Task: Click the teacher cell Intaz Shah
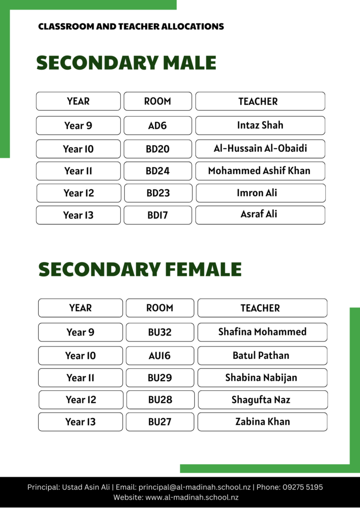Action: click(x=260, y=125)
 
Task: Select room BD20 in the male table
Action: click(x=158, y=149)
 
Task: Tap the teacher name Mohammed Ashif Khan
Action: click(x=259, y=170)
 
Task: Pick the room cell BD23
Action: click(x=158, y=193)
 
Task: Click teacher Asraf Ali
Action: click(x=259, y=214)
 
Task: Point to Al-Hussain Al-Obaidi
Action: click(x=260, y=149)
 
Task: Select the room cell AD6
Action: click(x=158, y=126)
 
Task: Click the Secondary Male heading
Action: click(x=126, y=63)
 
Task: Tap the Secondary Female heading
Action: click(x=140, y=269)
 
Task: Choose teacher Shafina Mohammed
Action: click(x=262, y=332)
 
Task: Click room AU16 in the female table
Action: click(x=160, y=355)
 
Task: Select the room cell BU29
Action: click(x=160, y=378)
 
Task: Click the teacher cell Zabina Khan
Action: click(x=262, y=422)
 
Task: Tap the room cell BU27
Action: click(x=160, y=422)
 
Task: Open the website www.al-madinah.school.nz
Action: click(x=192, y=497)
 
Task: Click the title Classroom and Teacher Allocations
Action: click(x=131, y=26)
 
